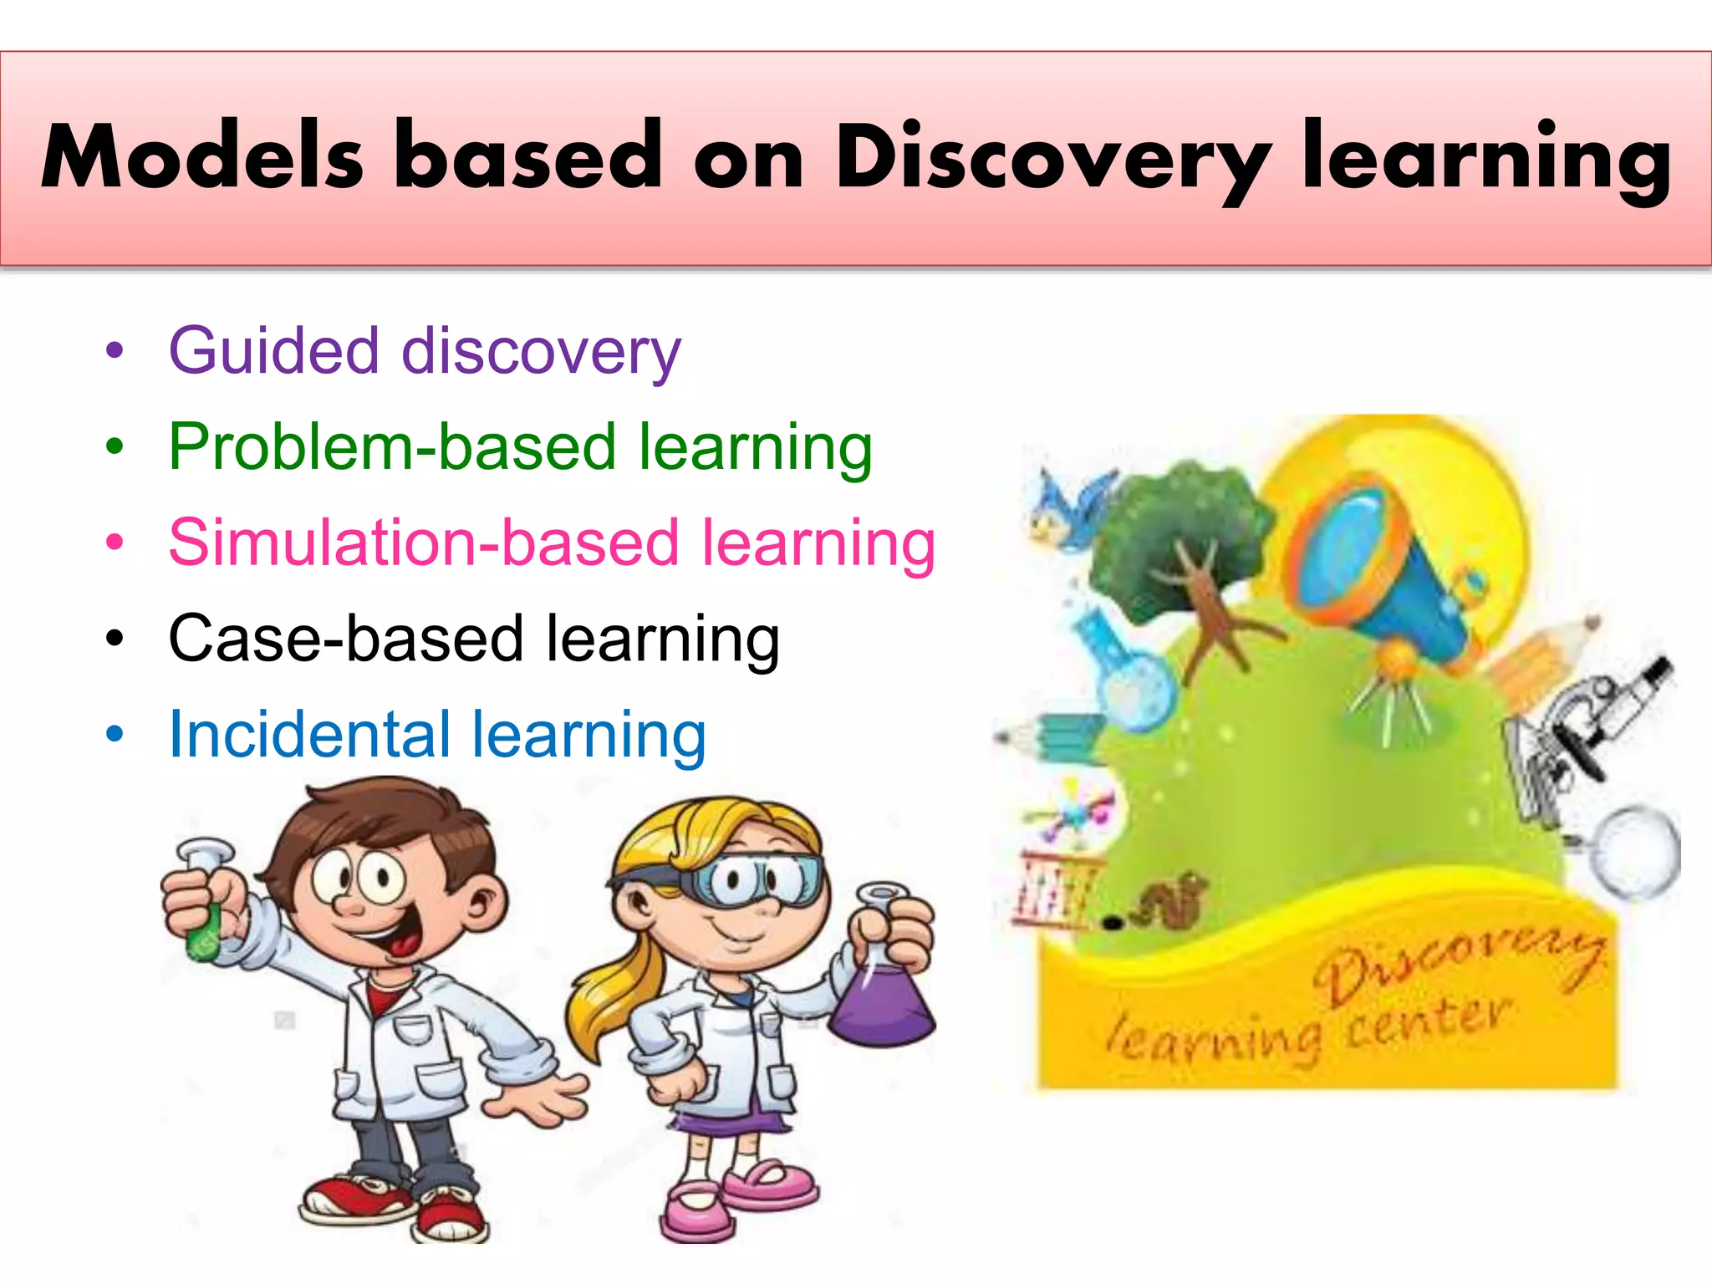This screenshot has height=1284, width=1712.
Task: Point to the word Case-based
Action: tap(345, 639)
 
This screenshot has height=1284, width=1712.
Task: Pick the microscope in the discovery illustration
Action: tap(1580, 727)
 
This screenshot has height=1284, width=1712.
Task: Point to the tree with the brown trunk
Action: tap(1187, 552)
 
